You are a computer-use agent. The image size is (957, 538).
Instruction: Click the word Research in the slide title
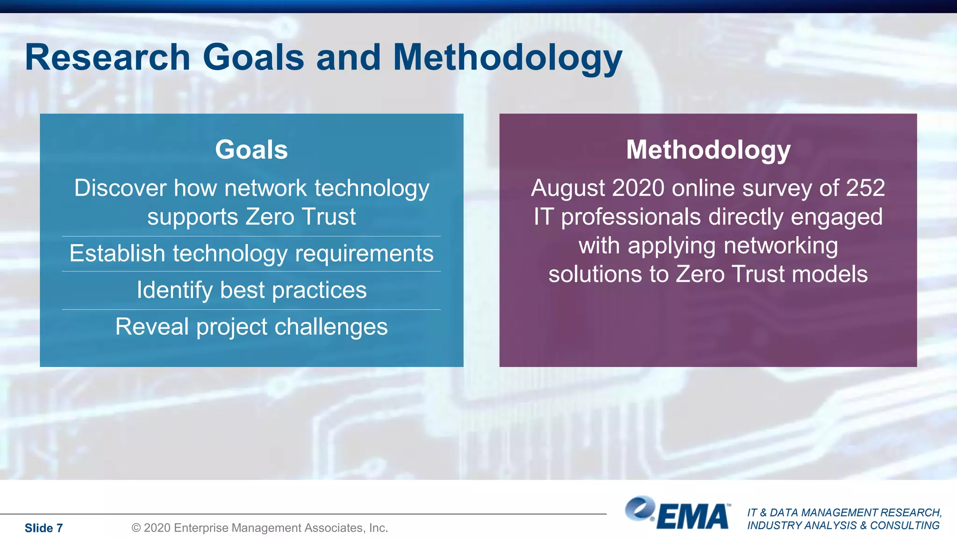click(x=107, y=57)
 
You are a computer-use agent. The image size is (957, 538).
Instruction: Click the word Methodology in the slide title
click(x=507, y=58)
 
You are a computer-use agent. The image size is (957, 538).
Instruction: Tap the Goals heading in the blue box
click(x=251, y=149)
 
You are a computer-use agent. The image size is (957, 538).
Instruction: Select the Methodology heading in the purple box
click(x=708, y=149)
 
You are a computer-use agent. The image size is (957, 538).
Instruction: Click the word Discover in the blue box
click(x=120, y=188)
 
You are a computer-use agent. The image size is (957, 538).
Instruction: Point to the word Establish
click(x=117, y=254)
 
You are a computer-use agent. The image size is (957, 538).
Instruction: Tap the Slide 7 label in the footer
click(x=43, y=528)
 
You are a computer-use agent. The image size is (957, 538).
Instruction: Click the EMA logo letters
click(x=693, y=517)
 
